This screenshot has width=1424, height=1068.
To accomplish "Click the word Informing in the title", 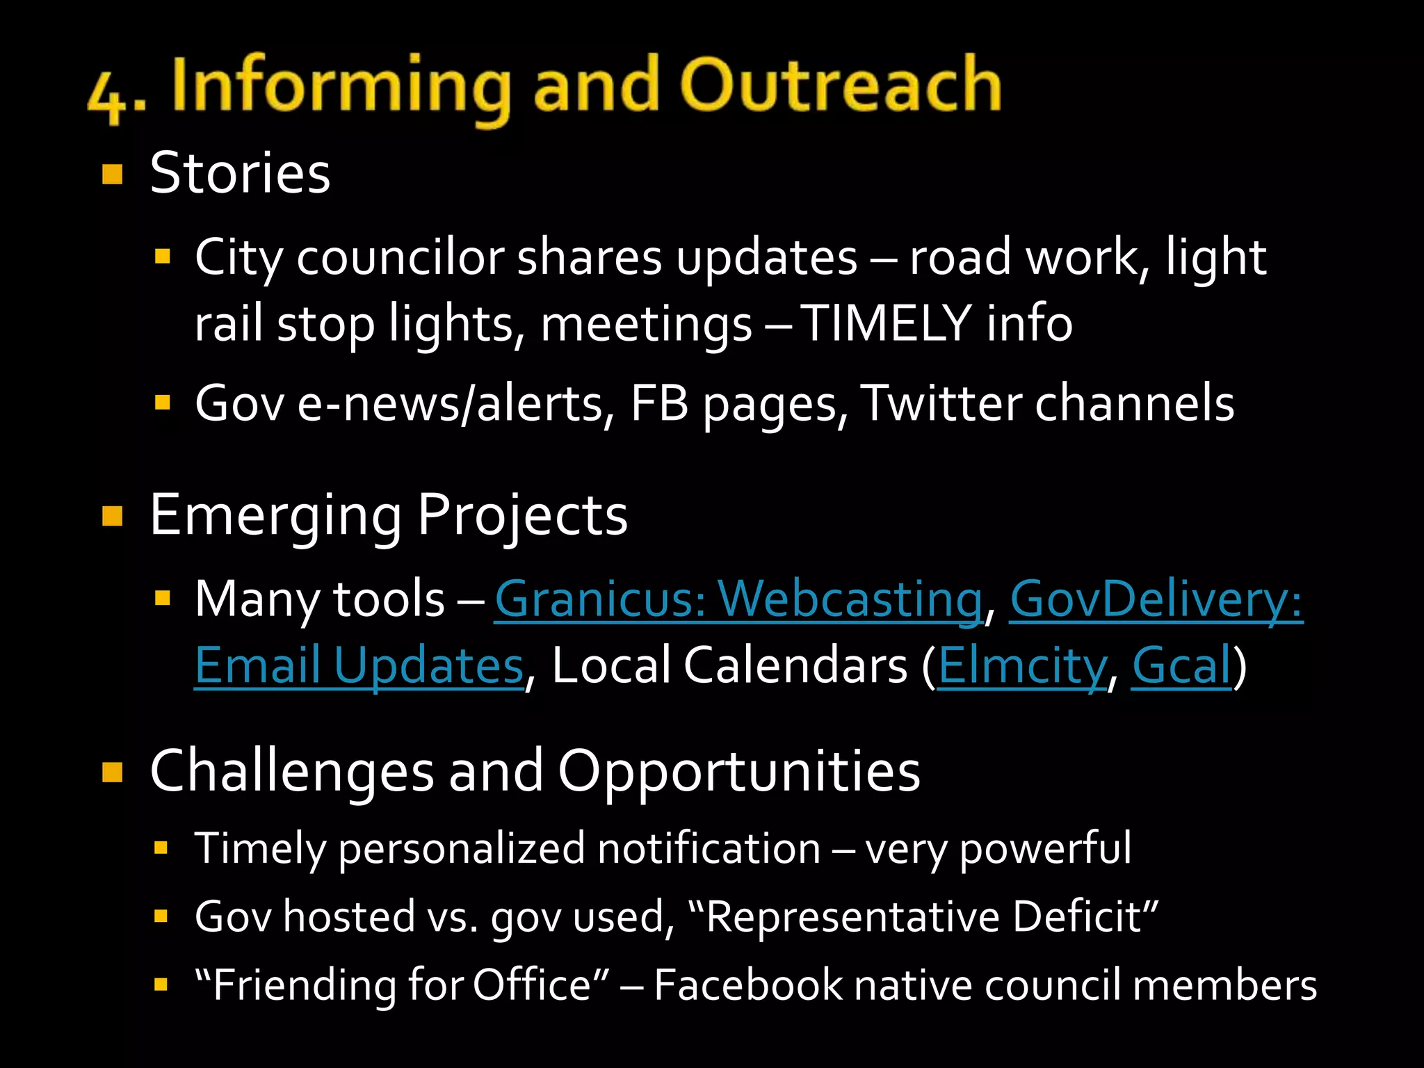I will click(341, 86).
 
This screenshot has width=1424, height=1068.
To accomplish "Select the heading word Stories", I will click(240, 173).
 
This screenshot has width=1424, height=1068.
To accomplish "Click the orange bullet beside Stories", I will click(112, 174).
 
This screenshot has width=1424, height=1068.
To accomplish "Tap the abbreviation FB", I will click(659, 403).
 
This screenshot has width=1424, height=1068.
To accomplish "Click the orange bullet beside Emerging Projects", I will click(112, 516).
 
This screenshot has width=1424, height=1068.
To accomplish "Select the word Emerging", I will click(275, 516).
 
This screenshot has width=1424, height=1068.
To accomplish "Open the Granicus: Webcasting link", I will click(738, 599).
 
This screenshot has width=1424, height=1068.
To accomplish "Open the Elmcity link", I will click(1021, 665).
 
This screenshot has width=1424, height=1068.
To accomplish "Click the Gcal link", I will click(1181, 665).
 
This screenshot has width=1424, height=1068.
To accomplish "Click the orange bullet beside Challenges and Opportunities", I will click(112, 772).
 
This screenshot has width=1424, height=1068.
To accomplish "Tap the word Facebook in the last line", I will click(747, 985).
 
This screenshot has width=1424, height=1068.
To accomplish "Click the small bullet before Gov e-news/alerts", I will click(163, 403).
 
